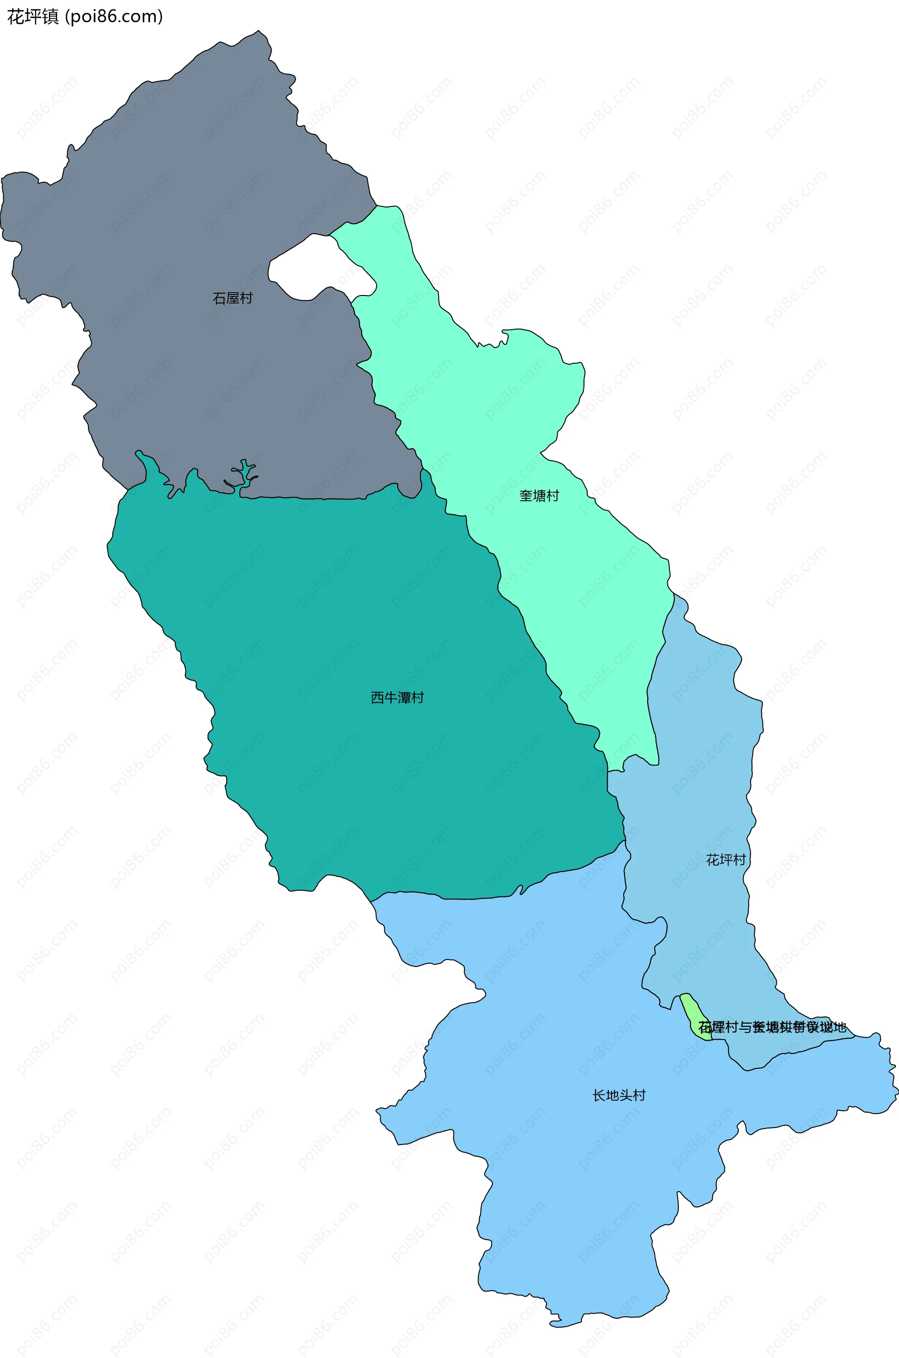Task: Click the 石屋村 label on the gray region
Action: pos(232,298)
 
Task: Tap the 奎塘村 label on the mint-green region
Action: pos(539,496)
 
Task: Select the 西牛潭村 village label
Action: pos(398,698)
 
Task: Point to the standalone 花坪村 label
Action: pos(726,860)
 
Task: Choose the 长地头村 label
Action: pos(619,1095)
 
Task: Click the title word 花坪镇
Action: pos(33,17)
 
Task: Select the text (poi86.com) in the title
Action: pos(113,17)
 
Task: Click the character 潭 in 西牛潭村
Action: pos(404,698)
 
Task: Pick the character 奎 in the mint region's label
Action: pos(526,496)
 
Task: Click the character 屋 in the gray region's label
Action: pos(232,298)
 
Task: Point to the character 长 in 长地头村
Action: pos(598,1095)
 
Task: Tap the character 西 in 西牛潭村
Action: pos(377,698)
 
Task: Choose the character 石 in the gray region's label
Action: pos(219,298)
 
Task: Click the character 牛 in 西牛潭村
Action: pos(391,698)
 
